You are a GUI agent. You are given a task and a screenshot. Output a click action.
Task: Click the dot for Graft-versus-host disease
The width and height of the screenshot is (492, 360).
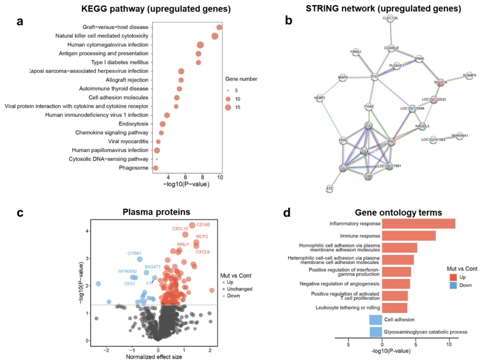pyautogui.click(x=219, y=27)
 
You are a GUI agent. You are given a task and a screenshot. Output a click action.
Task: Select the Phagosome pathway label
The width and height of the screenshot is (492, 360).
pyautogui.click(x=133, y=168)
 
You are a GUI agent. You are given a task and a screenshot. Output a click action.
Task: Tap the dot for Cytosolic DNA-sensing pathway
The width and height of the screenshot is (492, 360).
pyautogui.click(x=157, y=159)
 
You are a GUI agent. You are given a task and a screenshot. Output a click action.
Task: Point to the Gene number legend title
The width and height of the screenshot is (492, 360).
pyautogui.click(x=241, y=79)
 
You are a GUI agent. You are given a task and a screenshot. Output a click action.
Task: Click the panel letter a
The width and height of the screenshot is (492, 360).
pyautogui.click(x=20, y=21)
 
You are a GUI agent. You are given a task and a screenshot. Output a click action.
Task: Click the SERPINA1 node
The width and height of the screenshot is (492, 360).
pyautogui.click(x=460, y=136)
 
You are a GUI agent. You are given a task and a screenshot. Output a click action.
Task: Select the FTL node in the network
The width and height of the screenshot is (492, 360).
pyautogui.click(x=330, y=188)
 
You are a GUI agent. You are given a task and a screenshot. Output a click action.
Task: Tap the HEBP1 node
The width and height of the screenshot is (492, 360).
pyautogui.click(x=320, y=98)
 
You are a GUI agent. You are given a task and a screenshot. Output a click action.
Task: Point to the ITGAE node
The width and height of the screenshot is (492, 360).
pyautogui.click(x=369, y=107)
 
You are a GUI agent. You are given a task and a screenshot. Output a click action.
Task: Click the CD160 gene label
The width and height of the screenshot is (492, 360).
pyautogui.click(x=203, y=224)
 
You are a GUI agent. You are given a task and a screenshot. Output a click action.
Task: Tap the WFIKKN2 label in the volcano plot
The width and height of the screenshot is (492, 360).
pyautogui.click(x=127, y=271)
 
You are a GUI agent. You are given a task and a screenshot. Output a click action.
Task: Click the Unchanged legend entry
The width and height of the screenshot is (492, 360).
pyautogui.click(x=239, y=289)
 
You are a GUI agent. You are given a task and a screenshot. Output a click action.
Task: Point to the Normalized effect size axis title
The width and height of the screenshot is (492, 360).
pyautogui.click(x=154, y=356)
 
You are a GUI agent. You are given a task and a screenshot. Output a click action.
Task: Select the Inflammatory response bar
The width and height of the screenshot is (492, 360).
pyautogui.click(x=419, y=224)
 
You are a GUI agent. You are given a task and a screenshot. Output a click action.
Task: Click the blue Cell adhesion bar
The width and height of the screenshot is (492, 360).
pyautogui.click(x=376, y=320)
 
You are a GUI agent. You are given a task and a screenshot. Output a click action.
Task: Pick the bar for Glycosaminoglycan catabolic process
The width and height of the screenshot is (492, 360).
pyautogui.click(x=376, y=332)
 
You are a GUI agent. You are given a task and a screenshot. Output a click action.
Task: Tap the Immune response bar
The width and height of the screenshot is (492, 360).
pyautogui.click(x=409, y=236)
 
